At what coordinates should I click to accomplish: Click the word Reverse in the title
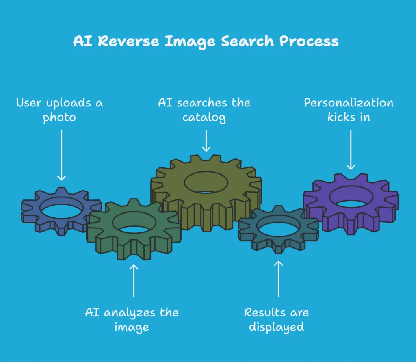point(129,41)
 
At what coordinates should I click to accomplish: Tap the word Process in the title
point(309,41)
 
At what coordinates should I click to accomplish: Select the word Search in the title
point(247,41)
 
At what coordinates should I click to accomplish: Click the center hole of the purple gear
point(351,197)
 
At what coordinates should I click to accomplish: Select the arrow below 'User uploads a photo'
point(62,155)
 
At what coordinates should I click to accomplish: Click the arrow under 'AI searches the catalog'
point(206,141)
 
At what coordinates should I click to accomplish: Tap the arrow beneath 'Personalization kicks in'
point(351,150)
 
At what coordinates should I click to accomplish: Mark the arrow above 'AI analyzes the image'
point(134,280)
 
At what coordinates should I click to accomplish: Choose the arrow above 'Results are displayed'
point(278,279)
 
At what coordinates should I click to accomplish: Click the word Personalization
point(349,103)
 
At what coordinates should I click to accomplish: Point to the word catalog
point(204,118)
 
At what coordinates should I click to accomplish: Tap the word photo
point(59,118)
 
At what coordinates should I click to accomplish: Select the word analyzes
point(130,313)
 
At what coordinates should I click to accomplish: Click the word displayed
point(276,327)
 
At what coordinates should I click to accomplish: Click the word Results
point(265,313)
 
